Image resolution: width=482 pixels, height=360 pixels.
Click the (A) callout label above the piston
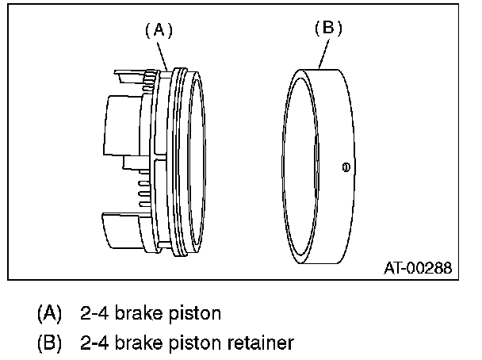159,30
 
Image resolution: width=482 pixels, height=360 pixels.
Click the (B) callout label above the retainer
328,28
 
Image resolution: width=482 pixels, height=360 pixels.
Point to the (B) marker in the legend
49,343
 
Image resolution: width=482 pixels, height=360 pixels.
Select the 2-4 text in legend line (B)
93,343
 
